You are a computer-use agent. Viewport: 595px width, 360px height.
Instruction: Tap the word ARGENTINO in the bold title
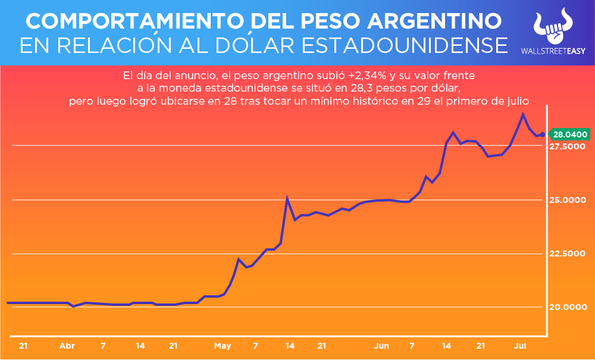coord(435,21)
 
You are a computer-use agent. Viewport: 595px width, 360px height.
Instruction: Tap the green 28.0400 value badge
coord(570,134)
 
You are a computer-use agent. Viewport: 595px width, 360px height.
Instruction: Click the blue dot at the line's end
coord(542,134)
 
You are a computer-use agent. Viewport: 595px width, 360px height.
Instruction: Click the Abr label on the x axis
coord(67,346)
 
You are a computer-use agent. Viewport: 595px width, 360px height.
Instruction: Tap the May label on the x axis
coord(223,346)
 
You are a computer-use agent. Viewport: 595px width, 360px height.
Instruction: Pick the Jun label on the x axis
coord(381,346)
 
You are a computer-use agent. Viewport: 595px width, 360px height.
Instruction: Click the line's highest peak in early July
coord(522,114)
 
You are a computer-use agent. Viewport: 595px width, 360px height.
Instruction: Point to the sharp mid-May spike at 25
coord(287,199)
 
